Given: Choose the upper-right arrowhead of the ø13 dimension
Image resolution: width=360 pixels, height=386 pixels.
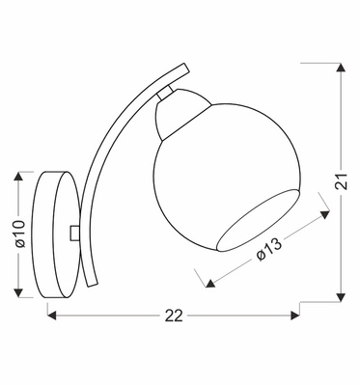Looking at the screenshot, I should (319, 216).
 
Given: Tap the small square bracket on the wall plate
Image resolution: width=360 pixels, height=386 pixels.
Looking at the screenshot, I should (76, 233).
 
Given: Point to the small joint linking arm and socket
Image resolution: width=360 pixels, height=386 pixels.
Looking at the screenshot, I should (167, 91).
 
